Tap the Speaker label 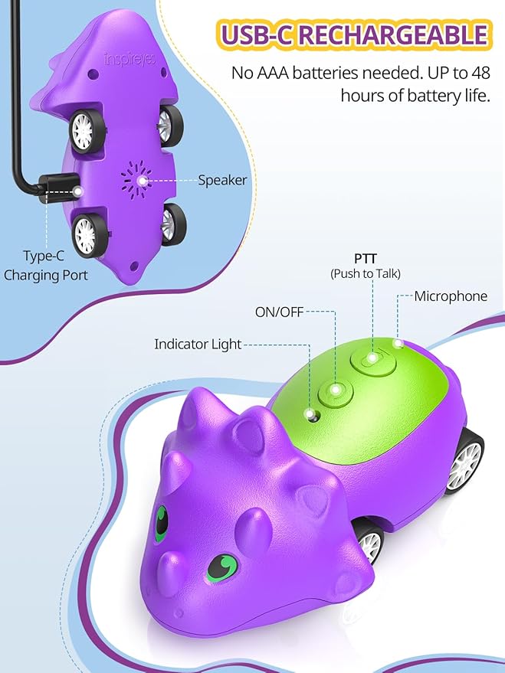222,180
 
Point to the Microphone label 451,296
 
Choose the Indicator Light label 198,345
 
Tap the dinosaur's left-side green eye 161,524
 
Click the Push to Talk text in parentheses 365,273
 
